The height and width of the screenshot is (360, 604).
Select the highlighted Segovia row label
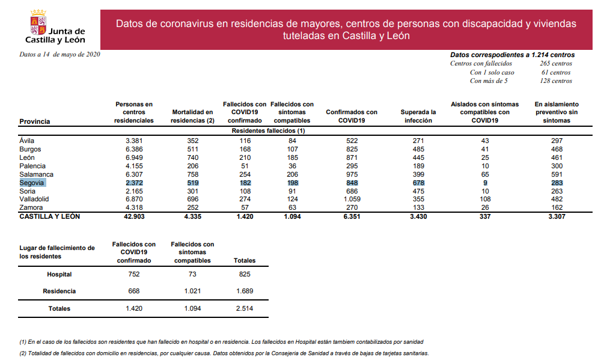click(32, 182)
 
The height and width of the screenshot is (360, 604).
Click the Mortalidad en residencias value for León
click(192, 157)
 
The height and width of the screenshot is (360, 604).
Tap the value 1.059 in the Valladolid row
click(351, 199)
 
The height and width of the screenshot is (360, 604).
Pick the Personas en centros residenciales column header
click(133, 112)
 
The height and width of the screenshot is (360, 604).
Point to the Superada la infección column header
click(418, 116)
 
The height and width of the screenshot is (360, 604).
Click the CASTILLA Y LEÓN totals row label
click(49, 216)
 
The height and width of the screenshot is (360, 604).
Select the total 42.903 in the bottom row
click(133, 216)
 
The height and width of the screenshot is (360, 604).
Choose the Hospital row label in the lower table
click(59, 274)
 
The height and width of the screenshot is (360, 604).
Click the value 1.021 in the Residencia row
click(192, 291)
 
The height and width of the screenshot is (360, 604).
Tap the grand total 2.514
click(243, 308)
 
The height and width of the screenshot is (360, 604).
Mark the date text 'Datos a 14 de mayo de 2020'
click(59, 54)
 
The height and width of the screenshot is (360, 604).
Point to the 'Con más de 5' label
click(489, 81)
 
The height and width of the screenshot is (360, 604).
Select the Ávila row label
click(27, 140)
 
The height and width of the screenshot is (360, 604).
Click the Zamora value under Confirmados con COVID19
click(351, 207)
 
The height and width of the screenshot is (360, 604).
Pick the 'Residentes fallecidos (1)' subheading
click(268, 130)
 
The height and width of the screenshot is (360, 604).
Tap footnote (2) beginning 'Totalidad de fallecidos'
click(224, 353)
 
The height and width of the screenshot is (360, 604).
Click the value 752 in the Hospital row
click(133, 274)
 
